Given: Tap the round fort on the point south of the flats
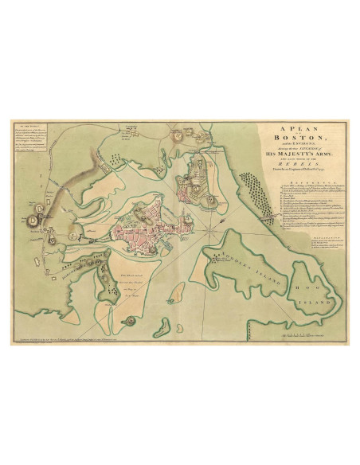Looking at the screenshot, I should pyautogui.click(x=128, y=319).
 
